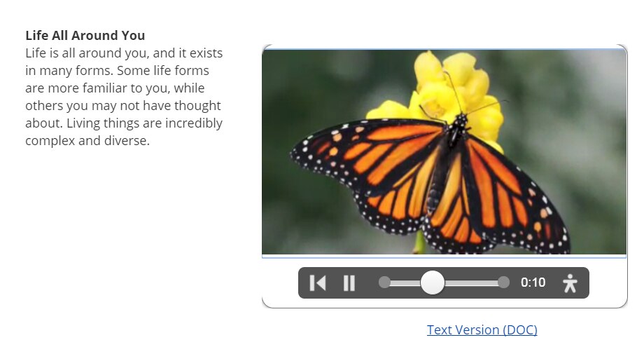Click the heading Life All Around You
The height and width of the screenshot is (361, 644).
(x=85, y=36)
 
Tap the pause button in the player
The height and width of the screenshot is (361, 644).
(x=349, y=283)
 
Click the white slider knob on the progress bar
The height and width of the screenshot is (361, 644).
(x=433, y=282)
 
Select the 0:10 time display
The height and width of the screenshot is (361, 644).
(x=533, y=282)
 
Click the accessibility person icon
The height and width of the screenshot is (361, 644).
(x=570, y=283)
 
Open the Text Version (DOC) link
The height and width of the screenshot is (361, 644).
(x=482, y=329)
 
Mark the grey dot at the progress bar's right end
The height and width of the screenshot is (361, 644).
(x=503, y=282)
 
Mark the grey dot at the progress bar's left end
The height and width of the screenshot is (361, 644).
(x=384, y=282)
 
